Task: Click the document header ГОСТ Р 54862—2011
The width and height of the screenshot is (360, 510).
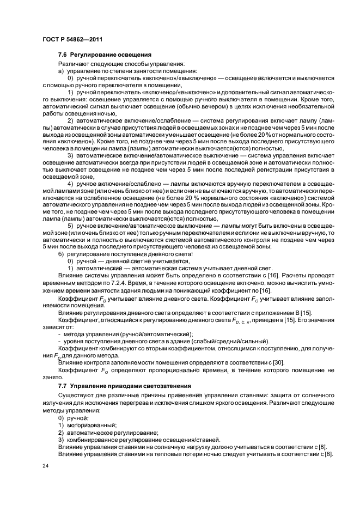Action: coord(72,39)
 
